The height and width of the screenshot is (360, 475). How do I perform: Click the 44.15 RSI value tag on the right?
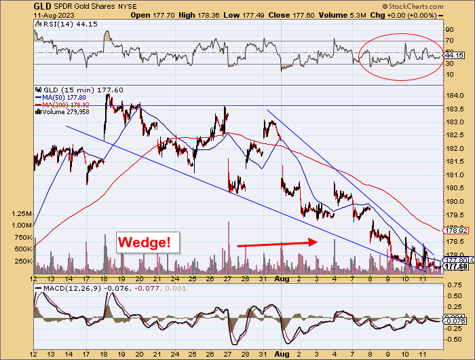pos(453,55)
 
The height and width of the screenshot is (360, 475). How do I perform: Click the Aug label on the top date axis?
pos(281,279)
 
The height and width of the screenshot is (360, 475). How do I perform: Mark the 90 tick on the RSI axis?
pos(449,31)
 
